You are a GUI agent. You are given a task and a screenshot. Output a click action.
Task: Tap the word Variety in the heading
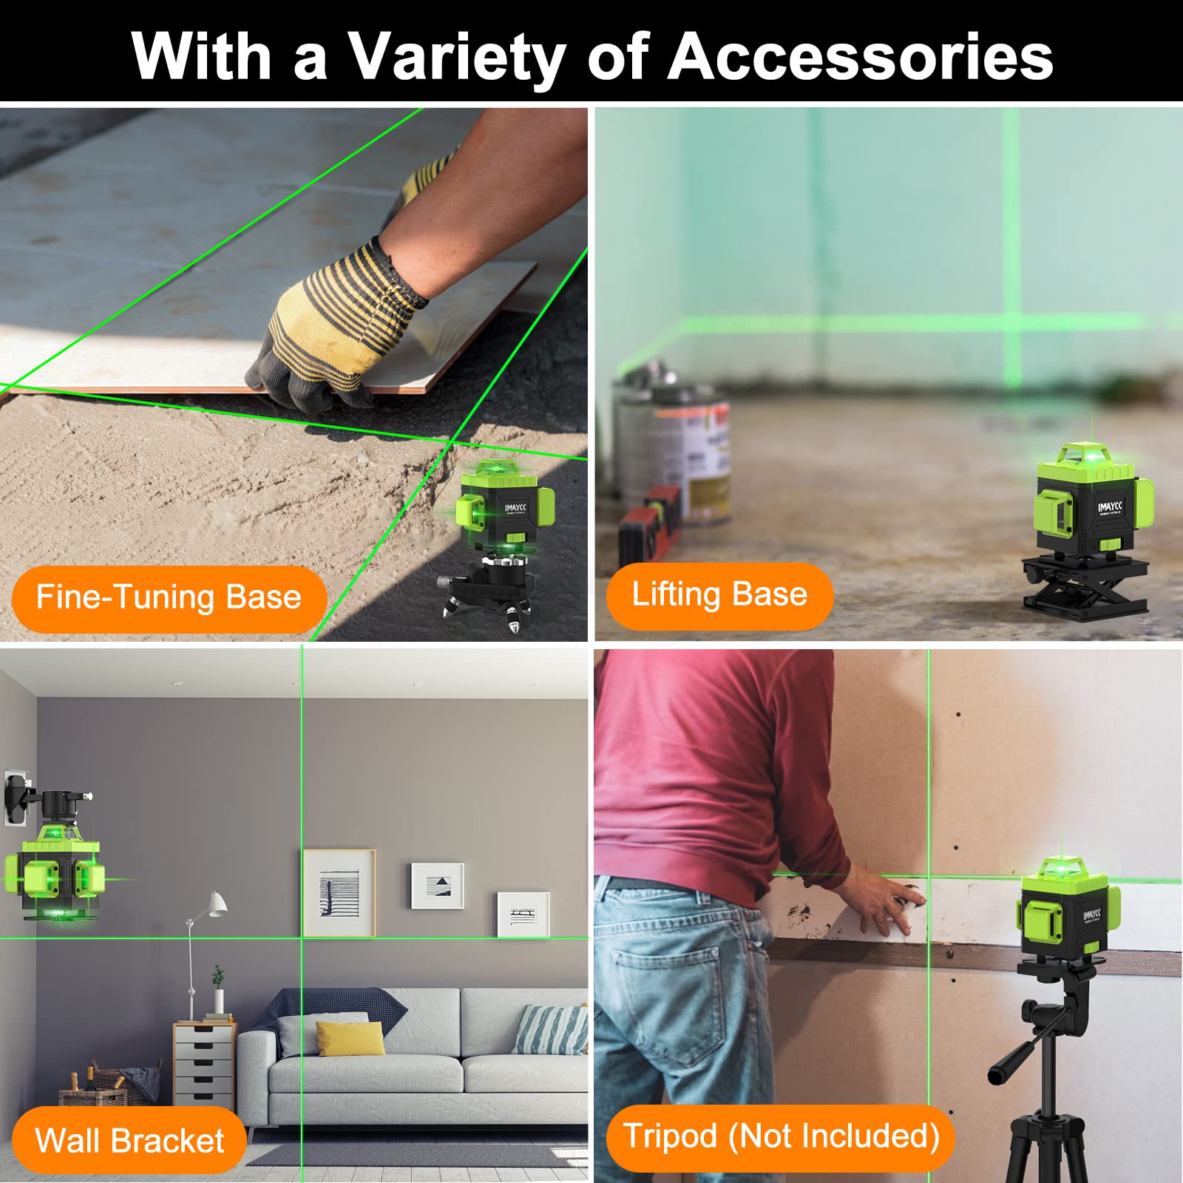(456, 58)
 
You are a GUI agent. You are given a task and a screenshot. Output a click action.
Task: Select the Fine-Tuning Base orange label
(169, 597)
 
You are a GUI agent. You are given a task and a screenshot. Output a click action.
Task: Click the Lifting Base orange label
(719, 594)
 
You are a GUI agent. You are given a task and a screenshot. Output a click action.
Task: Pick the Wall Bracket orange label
(129, 1140)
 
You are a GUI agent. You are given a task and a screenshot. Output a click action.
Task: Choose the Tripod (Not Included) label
(781, 1136)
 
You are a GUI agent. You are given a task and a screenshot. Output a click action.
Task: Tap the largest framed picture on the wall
(339, 892)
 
